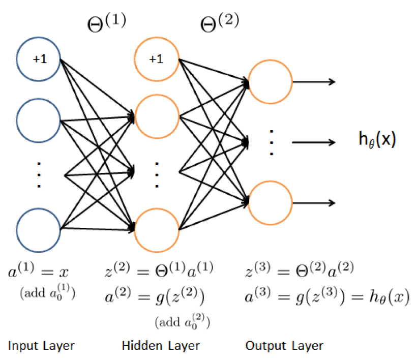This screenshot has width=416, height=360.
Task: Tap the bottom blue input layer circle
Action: click(x=39, y=230)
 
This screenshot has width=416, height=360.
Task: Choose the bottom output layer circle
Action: click(x=271, y=202)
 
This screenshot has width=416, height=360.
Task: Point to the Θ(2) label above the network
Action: click(x=220, y=22)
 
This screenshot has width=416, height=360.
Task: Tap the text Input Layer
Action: click(x=42, y=346)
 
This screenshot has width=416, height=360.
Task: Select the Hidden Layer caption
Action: click(x=161, y=346)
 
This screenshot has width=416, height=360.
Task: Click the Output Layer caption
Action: click(x=284, y=346)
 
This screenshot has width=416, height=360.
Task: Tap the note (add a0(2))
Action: click(x=182, y=321)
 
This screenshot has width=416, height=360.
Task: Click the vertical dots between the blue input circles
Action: click(x=39, y=174)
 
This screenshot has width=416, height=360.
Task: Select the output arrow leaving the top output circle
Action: click(x=314, y=81)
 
